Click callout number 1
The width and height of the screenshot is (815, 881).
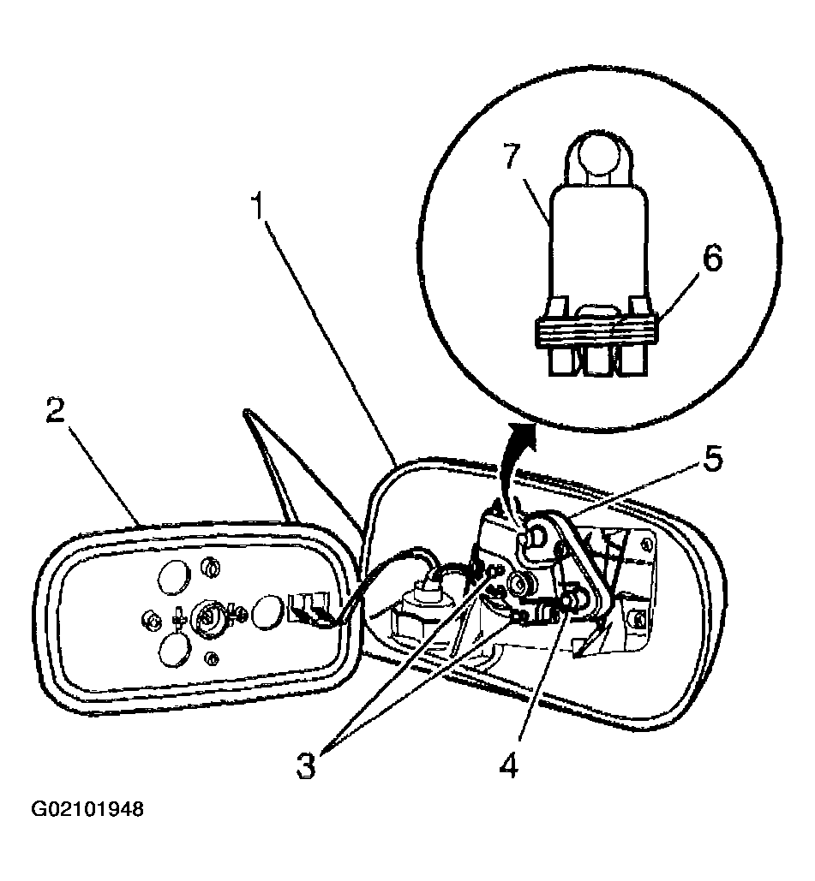[258, 206]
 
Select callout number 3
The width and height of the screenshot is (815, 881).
[306, 765]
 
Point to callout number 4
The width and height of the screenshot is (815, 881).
[508, 765]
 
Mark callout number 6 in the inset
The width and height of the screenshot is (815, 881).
[713, 259]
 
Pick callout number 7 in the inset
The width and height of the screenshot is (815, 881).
[512, 156]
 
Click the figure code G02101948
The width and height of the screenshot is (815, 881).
[87, 809]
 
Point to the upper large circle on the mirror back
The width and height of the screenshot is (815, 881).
[174, 577]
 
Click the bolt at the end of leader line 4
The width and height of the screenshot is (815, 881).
[572, 600]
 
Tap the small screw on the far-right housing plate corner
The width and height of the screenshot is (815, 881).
[638, 619]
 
